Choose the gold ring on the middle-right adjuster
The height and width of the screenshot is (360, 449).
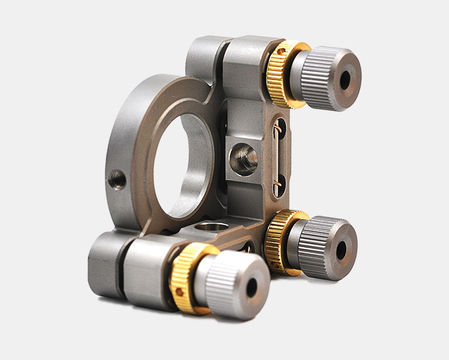[x=282, y=241]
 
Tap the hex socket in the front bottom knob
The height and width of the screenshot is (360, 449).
[x=252, y=287]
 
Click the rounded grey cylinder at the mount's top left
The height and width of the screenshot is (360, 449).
[x=202, y=56]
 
